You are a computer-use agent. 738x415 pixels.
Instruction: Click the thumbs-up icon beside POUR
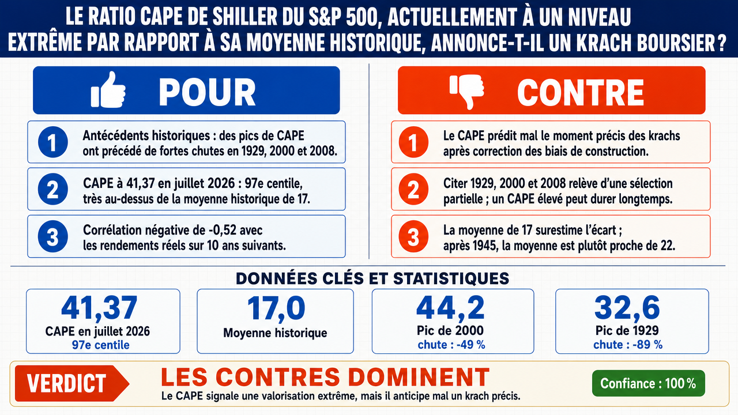pyautogui.click(x=108, y=89)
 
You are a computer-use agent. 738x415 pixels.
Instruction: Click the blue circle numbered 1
pyautogui.click(x=52, y=142)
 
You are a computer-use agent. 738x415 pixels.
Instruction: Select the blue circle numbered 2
pyautogui.click(x=52, y=189)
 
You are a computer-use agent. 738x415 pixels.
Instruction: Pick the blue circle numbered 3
pyautogui.click(x=52, y=236)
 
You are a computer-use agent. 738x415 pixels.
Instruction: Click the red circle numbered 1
pyautogui.click(x=413, y=142)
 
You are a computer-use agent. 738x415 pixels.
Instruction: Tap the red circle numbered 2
pyautogui.click(x=413, y=189)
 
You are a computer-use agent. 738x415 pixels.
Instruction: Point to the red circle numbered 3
pyautogui.click(x=413, y=236)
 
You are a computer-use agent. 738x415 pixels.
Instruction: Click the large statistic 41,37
pyautogui.click(x=99, y=308)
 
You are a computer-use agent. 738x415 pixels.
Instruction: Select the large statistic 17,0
pyautogui.click(x=276, y=308)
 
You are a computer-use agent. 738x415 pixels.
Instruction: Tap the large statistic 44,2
pyautogui.click(x=450, y=308)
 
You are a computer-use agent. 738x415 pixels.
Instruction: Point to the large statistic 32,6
pyautogui.click(x=627, y=308)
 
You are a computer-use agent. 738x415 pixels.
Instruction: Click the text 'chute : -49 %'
pyautogui.click(x=451, y=345)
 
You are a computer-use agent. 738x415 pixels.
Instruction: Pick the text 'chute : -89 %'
pyautogui.click(x=628, y=345)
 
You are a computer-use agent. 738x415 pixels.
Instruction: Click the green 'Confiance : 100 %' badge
pyautogui.click(x=649, y=383)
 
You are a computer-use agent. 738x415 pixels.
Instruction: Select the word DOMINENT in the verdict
pyautogui.click(x=419, y=377)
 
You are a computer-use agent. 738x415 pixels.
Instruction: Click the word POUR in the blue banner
pyautogui.click(x=207, y=93)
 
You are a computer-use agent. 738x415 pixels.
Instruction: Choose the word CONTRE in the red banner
pyautogui.click(x=580, y=93)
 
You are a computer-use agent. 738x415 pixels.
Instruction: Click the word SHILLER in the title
pyautogui.click(x=244, y=17)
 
